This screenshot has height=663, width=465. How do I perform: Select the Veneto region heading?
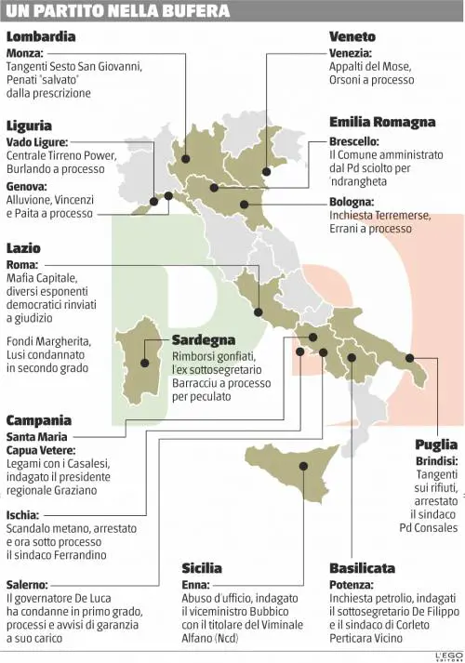(352, 37)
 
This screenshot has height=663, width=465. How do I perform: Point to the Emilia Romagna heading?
(382, 123)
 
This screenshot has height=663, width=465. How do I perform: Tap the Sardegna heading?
(204, 340)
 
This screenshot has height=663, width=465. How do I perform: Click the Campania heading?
(39, 420)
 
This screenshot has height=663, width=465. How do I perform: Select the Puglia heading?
(436, 444)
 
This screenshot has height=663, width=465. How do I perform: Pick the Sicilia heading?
(202, 568)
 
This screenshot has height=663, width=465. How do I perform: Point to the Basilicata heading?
(362, 568)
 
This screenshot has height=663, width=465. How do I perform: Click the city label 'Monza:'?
(24, 53)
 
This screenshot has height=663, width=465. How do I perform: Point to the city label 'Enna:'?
(196, 585)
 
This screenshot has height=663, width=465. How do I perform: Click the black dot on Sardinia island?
(145, 365)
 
